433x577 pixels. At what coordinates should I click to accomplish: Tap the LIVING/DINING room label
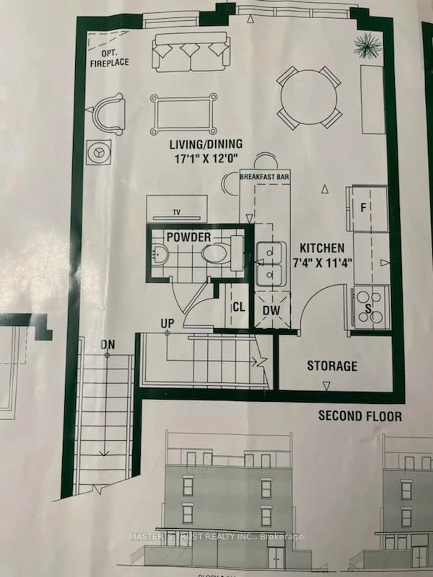[206, 144]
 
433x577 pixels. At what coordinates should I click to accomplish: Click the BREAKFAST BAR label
[264, 177]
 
